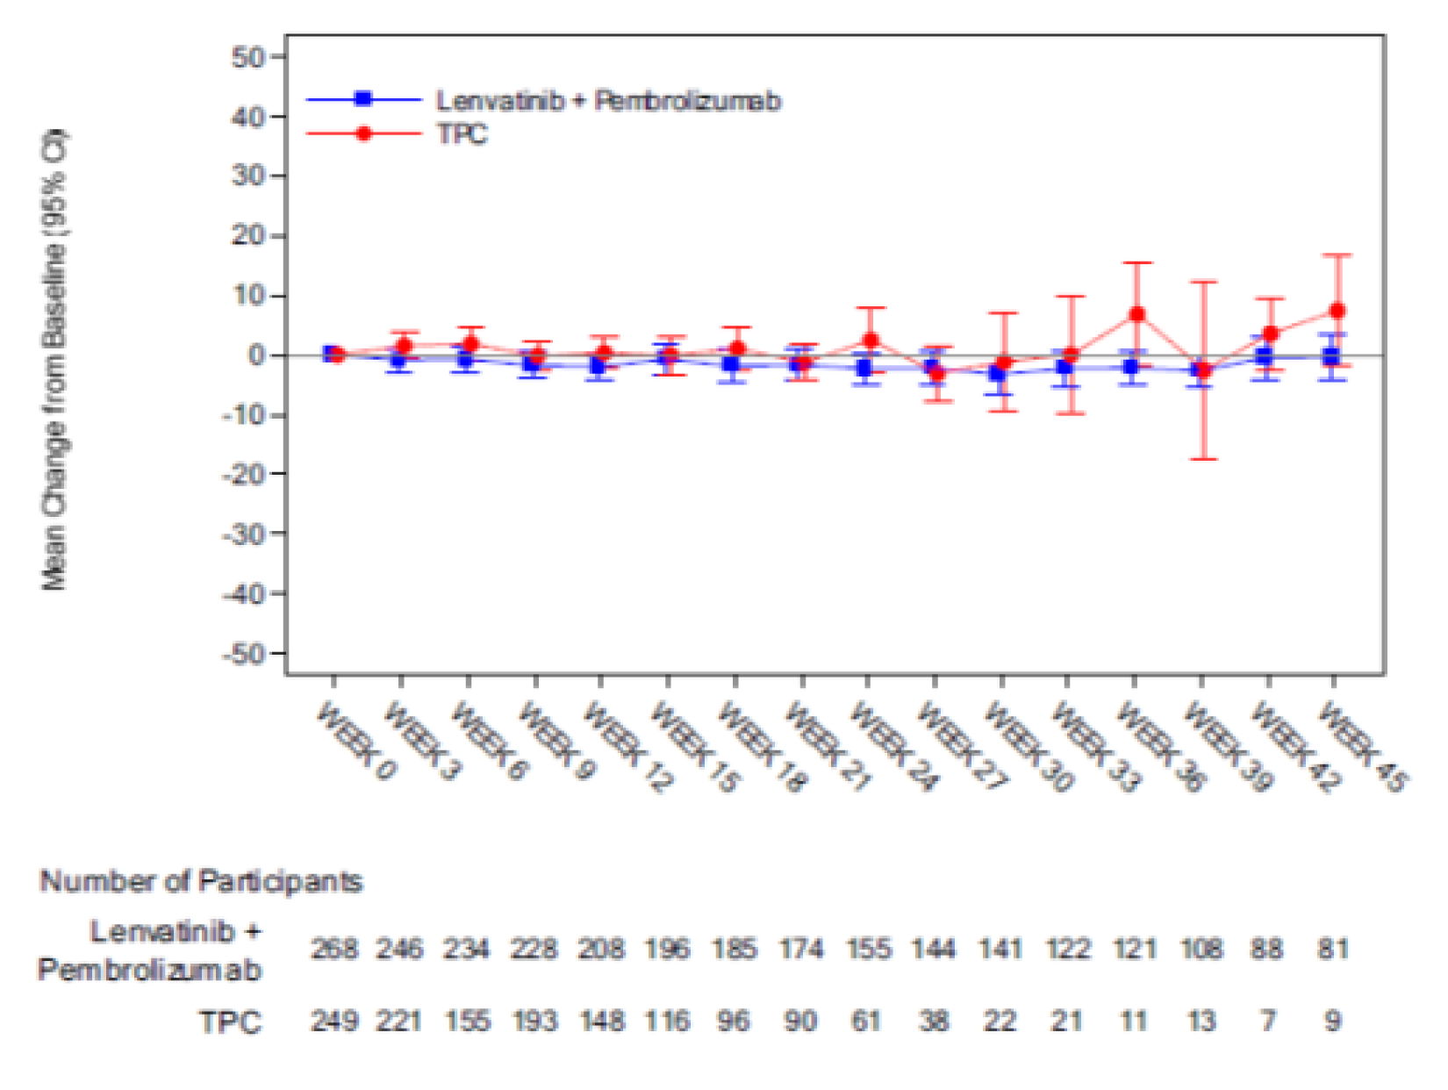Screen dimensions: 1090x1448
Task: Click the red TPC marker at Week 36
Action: (x=1136, y=314)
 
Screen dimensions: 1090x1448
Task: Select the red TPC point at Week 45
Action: (x=1337, y=311)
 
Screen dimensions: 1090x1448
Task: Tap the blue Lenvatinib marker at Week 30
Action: (x=998, y=373)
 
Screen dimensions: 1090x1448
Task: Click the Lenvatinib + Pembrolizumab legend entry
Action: (x=607, y=101)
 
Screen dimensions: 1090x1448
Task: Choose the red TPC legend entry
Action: (x=461, y=134)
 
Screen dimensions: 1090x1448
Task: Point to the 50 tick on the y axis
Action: (x=248, y=57)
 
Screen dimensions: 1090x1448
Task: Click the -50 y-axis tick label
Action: (x=242, y=654)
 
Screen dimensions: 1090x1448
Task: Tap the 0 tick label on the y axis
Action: (x=256, y=355)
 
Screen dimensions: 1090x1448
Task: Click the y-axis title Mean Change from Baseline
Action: (x=54, y=360)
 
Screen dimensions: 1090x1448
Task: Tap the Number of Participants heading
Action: (x=201, y=881)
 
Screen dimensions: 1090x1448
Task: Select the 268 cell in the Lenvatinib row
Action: (x=334, y=949)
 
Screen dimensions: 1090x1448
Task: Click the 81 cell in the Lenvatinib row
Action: (x=1333, y=949)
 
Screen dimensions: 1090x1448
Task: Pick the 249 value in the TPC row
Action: (x=334, y=1021)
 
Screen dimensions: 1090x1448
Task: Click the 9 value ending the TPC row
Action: (x=1333, y=1021)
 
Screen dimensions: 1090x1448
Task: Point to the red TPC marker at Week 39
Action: (x=1203, y=370)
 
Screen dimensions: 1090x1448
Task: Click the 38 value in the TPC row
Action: (x=934, y=1021)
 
